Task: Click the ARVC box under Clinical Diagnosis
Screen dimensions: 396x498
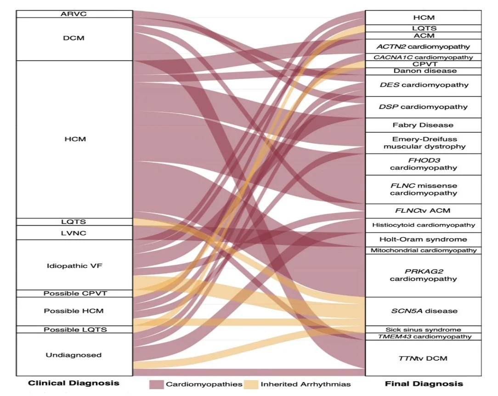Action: (74, 14)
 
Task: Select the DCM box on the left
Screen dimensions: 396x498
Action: (74, 39)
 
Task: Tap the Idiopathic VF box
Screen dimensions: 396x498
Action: (74, 265)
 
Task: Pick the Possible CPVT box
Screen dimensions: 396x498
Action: (74, 293)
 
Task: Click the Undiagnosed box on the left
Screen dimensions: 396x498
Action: (74, 355)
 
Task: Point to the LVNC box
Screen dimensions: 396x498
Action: (74, 233)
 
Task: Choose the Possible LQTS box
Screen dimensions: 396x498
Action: (74, 329)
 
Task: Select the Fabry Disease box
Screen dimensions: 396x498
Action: (423, 125)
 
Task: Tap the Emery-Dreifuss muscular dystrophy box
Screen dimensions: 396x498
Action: (423, 143)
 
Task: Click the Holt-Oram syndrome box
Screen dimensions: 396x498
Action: (423, 239)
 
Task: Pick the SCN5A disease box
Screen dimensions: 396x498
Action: (423, 311)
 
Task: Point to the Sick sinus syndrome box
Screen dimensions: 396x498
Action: (423, 329)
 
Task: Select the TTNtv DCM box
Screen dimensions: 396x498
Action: (423, 358)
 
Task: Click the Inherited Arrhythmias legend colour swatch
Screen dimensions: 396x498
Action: (250, 384)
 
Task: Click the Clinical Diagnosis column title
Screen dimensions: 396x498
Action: (74, 383)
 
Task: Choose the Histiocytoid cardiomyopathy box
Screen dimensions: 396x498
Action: (423, 225)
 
